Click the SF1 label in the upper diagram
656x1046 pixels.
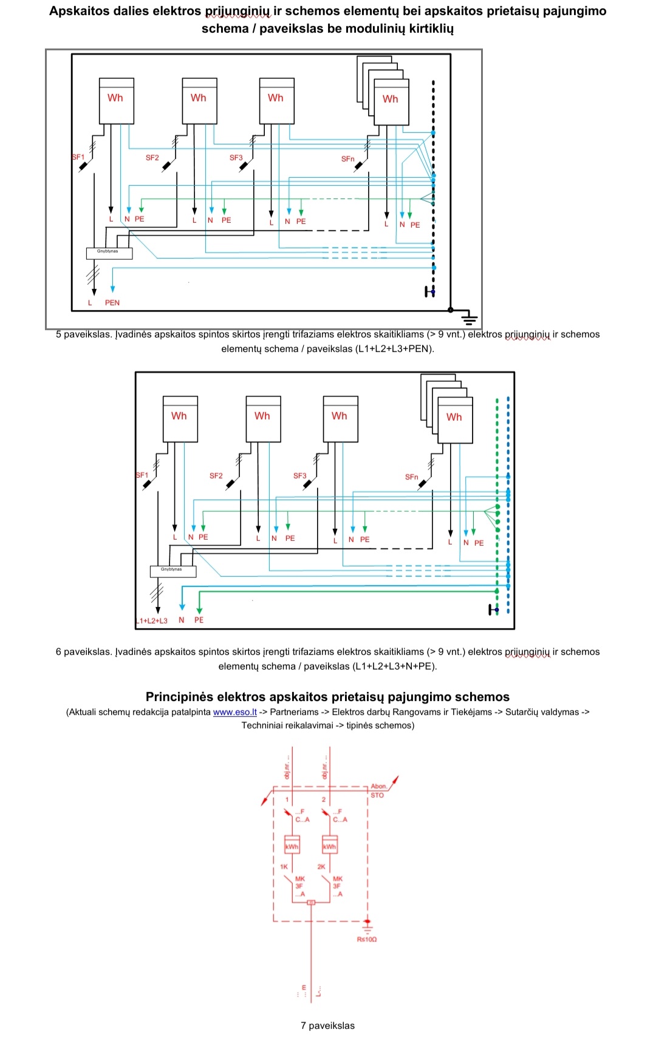[x=78, y=157]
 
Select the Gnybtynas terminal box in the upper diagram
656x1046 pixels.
[x=109, y=253]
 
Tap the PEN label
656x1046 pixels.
[x=112, y=303]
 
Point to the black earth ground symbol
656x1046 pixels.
[x=469, y=317]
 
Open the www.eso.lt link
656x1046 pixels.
[x=235, y=712]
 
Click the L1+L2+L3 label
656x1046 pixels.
[x=152, y=621]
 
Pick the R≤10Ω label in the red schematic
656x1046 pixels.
[x=367, y=939]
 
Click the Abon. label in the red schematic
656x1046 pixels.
[x=378, y=786]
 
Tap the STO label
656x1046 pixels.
[x=377, y=795]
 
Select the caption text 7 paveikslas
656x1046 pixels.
[x=327, y=1025]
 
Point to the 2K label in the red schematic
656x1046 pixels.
[x=321, y=867]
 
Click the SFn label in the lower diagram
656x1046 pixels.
[x=412, y=477]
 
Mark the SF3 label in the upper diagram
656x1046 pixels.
[x=236, y=158]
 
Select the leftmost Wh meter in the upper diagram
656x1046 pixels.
[x=116, y=101]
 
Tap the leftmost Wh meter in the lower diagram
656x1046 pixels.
[x=180, y=419]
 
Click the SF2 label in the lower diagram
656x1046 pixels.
[x=216, y=476]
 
